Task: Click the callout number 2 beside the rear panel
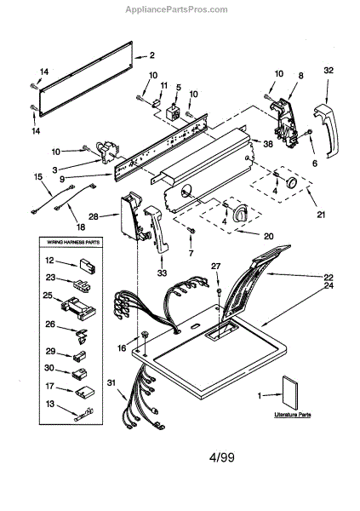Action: pyautogui.click(x=151, y=55)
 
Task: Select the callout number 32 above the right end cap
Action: pyautogui.click(x=329, y=70)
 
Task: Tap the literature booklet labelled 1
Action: pyautogui.click(x=290, y=393)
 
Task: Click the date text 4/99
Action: pyautogui.click(x=221, y=456)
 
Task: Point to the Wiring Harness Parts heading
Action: pyautogui.click(x=73, y=242)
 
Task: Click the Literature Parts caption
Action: pyautogui.click(x=292, y=415)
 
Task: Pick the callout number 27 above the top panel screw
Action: pyautogui.click(x=215, y=267)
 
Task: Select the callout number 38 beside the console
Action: pyautogui.click(x=268, y=143)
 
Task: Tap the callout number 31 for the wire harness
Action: pyautogui.click(x=111, y=383)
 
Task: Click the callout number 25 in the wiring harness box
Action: pyautogui.click(x=48, y=296)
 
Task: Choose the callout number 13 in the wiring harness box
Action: pyautogui.click(x=50, y=404)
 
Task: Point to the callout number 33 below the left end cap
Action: pyautogui.click(x=162, y=273)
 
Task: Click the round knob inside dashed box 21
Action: pyautogui.click(x=291, y=182)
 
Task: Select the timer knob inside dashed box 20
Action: pyautogui.click(x=240, y=214)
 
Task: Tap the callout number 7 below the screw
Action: pyautogui.click(x=191, y=253)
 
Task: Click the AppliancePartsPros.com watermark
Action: pyautogui.click(x=176, y=9)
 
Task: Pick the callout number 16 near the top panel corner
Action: pyautogui.click(x=122, y=348)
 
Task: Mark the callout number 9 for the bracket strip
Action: pyautogui.click(x=62, y=178)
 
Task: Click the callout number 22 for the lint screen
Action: pyautogui.click(x=329, y=277)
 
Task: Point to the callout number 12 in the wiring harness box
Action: pyautogui.click(x=49, y=261)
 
